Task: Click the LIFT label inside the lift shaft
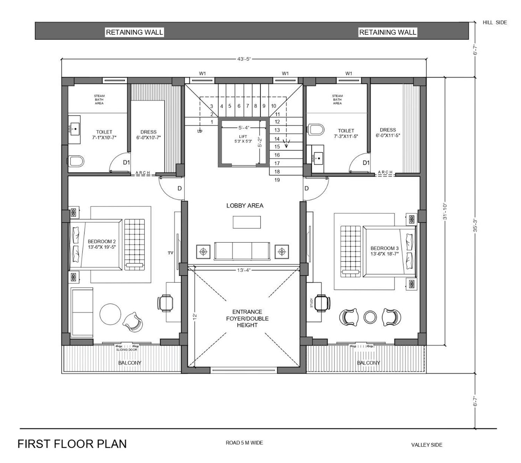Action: [x=243, y=137]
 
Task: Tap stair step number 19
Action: [x=277, y=180]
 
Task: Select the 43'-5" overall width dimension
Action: [x=243, y=59]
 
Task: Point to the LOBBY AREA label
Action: [x=245, y=206]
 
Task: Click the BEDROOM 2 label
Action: [x=101, y=242]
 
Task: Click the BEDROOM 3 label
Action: [x=384, y=248]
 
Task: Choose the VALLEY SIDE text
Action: [x=427, y=445]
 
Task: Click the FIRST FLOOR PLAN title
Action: [x=72, y=444]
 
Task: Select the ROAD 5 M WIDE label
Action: [x=244, y=443]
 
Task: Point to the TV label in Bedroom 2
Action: [x=171, y=253]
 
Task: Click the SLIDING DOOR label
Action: [x=126, y=350]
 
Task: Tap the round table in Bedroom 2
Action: [x=110, y=314]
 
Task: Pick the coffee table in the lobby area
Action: [x=247, y=222]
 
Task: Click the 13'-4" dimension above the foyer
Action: [x=243, y=270]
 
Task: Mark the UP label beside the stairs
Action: [x=200, y=131]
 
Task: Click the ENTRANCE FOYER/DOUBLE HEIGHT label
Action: [x=247, y=318]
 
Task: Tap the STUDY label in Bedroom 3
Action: [x=312, y=303]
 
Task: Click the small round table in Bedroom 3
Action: [x=370, y=317]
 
